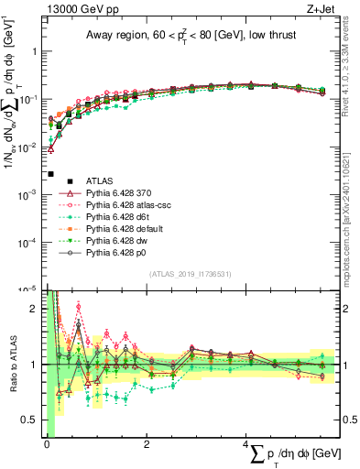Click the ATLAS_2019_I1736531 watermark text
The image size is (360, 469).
point(191,274)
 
